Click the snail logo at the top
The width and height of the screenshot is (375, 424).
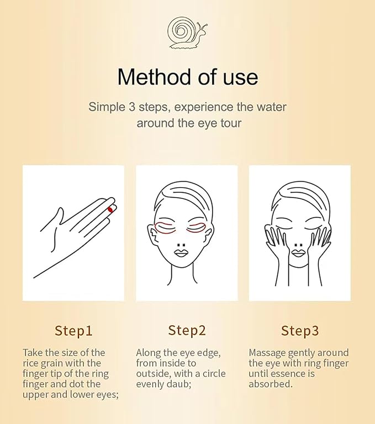pyautogui.click(x=187, y=33)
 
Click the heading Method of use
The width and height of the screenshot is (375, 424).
pyautogui.click(x=187, y=77)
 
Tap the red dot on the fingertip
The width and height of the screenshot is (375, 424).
pyautogui.click(x=110, y=210)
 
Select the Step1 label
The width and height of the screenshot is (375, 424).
pyautogui.click(x=73, y=331)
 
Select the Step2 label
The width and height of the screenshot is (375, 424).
pyautogui.click(x=187, y=331)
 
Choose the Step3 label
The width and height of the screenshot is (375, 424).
pyautogui.click(x=300, y=331)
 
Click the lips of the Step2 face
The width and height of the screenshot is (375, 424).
pyautogui.click(x=182, y=253)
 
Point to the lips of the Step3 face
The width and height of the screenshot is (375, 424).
pyautogui.click(x=298, y=253)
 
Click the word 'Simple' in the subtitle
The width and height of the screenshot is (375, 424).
pyautogui.click(x=105, y=107)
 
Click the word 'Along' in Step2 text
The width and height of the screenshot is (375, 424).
pyautogui.click(x=147, y=352)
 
